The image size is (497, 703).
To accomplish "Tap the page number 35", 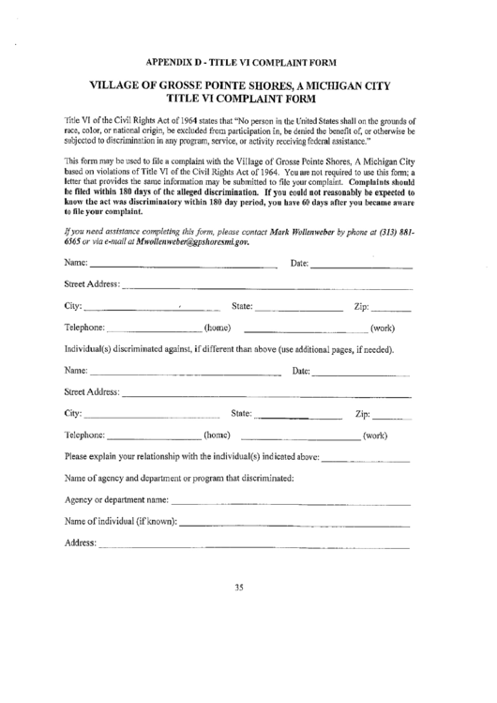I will tap(239, 588).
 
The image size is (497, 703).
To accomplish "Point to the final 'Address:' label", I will tap(81, 543).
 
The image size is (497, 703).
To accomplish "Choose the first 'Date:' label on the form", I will tap(300, 262).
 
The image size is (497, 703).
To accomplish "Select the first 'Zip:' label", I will tap(364, 306).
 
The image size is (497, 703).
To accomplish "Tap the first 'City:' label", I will tap(74, 306).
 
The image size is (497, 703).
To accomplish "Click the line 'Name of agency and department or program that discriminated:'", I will tap(179, 479).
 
